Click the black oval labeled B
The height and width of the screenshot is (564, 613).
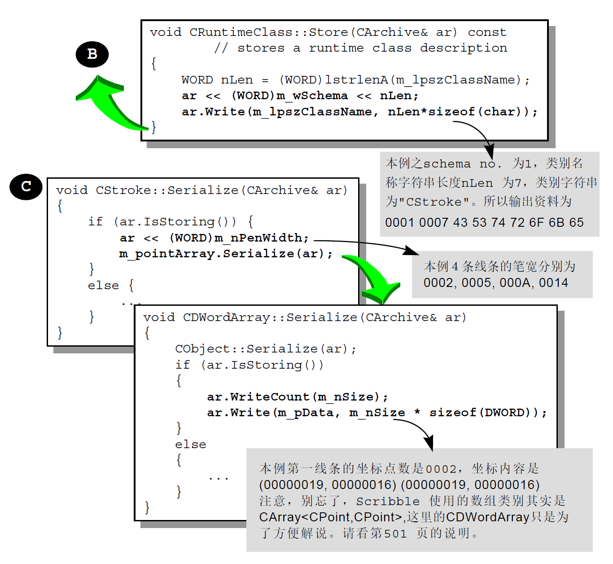[x=92, y=54]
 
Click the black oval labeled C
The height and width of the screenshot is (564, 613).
[x=26, y=186]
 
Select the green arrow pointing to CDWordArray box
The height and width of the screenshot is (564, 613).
[x=375, y=278]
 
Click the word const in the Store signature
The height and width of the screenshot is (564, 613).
[x=487, y=32]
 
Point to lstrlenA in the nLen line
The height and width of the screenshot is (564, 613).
[x=356, y=80]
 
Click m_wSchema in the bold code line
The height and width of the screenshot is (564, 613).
[x=312, y=96]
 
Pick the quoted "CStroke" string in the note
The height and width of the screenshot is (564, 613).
[x=434, y=202]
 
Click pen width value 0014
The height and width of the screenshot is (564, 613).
[x=553, y=283]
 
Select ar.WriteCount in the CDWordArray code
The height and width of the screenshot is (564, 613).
[x=258, y=397]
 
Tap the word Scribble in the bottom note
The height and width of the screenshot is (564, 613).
[x=388, y=501]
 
